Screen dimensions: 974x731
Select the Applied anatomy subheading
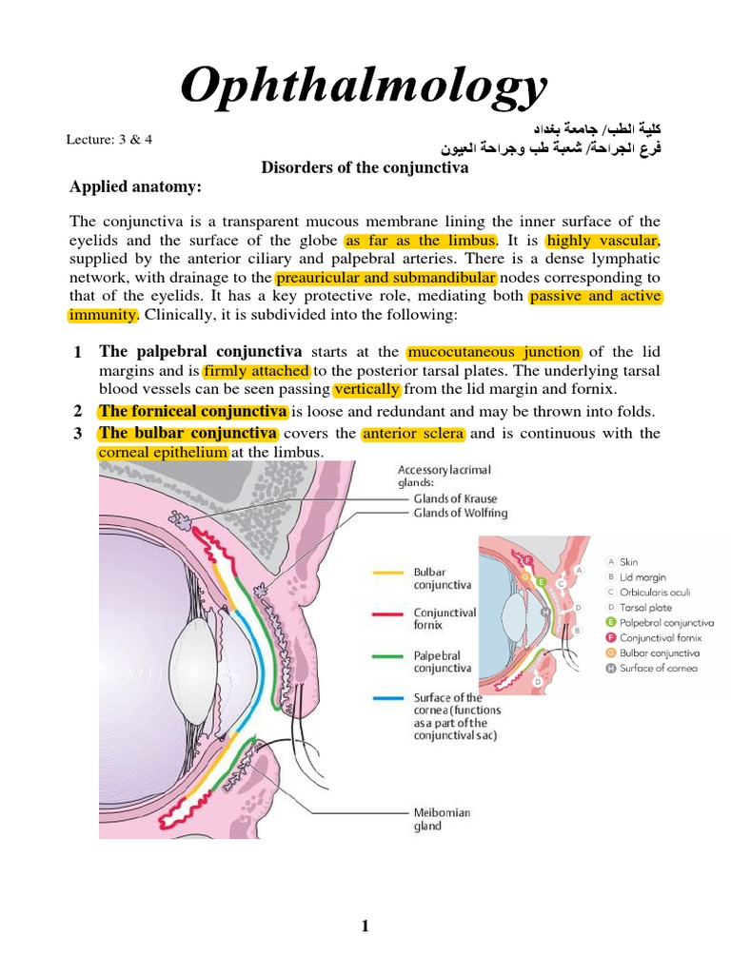[x=135, y=187]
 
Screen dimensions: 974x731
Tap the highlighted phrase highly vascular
[x=603, y=241]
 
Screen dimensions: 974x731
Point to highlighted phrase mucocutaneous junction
[x=493, y=352]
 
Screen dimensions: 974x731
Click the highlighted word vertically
[x=367, y=390]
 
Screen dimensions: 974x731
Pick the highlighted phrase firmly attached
[x=256, y=371]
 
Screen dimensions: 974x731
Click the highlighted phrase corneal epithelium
[x=163, y=452]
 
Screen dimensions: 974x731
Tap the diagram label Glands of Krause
[x=455, y=498]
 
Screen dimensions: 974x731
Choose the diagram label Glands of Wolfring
[x=460, y=514]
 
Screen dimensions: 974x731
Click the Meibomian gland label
[x=442, y=819]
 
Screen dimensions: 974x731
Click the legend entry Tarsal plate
[x=646, y=607]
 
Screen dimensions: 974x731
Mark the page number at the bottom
[x=365, y=928]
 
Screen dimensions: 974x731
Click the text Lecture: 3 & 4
[x=109, y=139]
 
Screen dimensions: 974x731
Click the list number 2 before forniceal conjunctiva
[x=77, y=411]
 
